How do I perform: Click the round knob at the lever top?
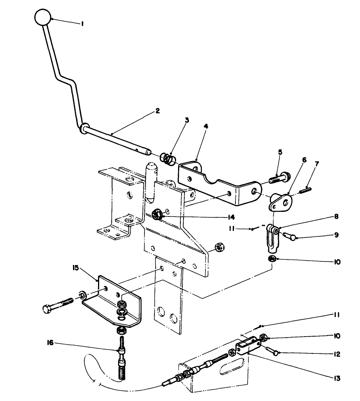(43, 17)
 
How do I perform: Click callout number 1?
(82, 24)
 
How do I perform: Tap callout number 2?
(157, 111)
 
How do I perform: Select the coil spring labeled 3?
(168, 159)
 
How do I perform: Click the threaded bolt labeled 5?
(280, 178)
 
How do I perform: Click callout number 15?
(76, 268)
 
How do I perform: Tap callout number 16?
(50, 342)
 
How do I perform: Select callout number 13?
(337, 378)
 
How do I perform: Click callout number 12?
(337, 354)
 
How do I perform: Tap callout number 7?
(317, 164)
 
